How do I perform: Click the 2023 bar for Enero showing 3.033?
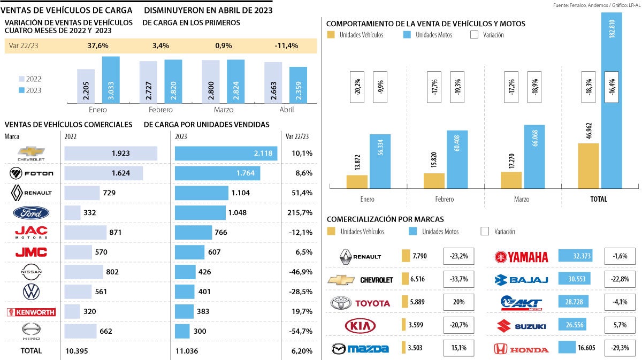pyautogui.click(x=111, y=80)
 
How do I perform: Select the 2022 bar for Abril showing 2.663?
pyautogui.click(x=273, y=83)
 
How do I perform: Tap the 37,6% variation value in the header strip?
pyautogui.click(x=98, y=45)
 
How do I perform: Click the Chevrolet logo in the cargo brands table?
pyautogui.click(x=31, y=154)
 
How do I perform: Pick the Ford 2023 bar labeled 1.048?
pyautogui.click(x=201, y=213)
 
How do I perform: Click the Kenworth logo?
pyautogui.click(x=31, y=312)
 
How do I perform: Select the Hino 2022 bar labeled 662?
pyautogui.click(x=80, y=331)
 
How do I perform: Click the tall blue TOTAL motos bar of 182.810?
pyautogui.click(x=612, y=102)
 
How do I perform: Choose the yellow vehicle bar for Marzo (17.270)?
pyautogui.click(x=511, y=180)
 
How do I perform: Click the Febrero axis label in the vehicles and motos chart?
pyautogui.click(x=444, y=199)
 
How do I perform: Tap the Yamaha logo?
pyautogui.click(x=521, y=257)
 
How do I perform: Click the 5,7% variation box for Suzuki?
pyautogui.click(x=621, y=326)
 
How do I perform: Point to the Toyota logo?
pyautogui.click(x=361, y=303)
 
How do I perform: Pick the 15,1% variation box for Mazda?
pyautogui.click(x=460, y=348)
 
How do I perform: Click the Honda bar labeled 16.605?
pyautogui.click(x=568, y=348)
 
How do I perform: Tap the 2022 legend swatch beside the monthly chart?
pyautogui.click(x=21, y=79)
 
